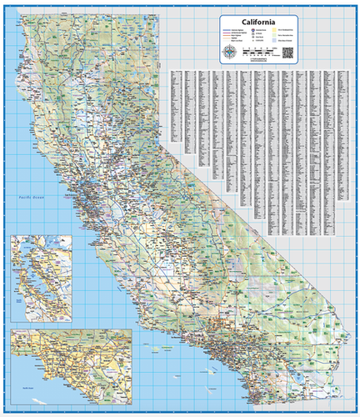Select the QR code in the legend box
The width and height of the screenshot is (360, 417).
(287, 53)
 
